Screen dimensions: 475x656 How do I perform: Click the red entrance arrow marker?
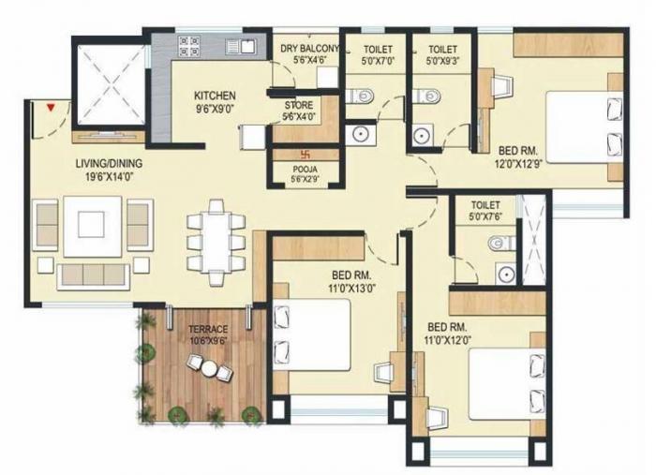52,109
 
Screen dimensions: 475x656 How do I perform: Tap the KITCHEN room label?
215,96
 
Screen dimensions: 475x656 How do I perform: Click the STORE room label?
299,105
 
